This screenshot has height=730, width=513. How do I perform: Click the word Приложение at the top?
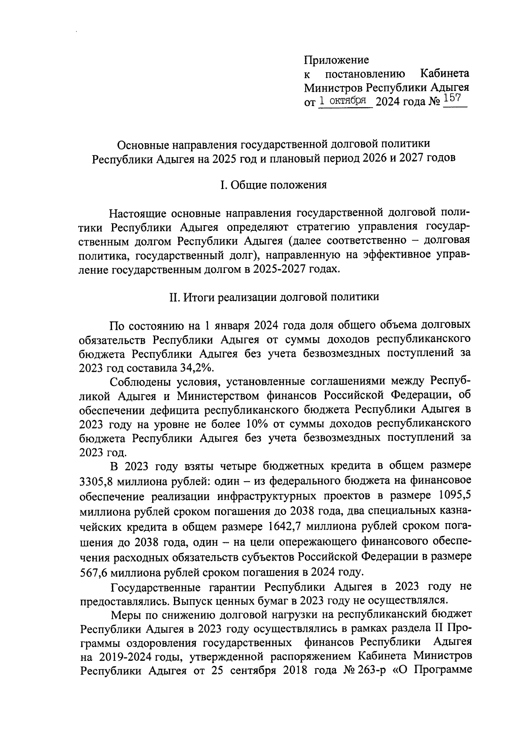click(x=336, y=60)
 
